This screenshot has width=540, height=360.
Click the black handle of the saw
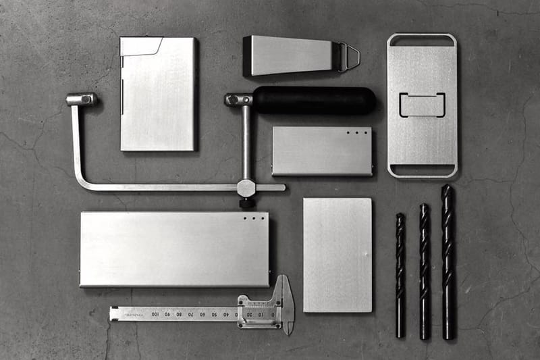(x=314, y=100)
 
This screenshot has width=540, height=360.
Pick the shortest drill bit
(x=400, y=275)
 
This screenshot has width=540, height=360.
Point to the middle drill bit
(x=424, y=271)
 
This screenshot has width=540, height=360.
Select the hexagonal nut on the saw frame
(x=246, y=188)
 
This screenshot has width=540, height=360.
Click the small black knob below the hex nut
(x=246, y=202)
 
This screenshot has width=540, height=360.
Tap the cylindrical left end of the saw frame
(x=81, y=99)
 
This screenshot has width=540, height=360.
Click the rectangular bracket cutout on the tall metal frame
(x=422, y=105)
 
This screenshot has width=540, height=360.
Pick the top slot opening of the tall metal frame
(x=422, y=41)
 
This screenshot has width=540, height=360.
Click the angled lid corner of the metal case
(x=150, y=46)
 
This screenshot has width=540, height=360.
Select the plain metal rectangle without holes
(x=337, y=255)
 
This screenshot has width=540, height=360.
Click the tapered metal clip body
(x=290, y=55)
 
